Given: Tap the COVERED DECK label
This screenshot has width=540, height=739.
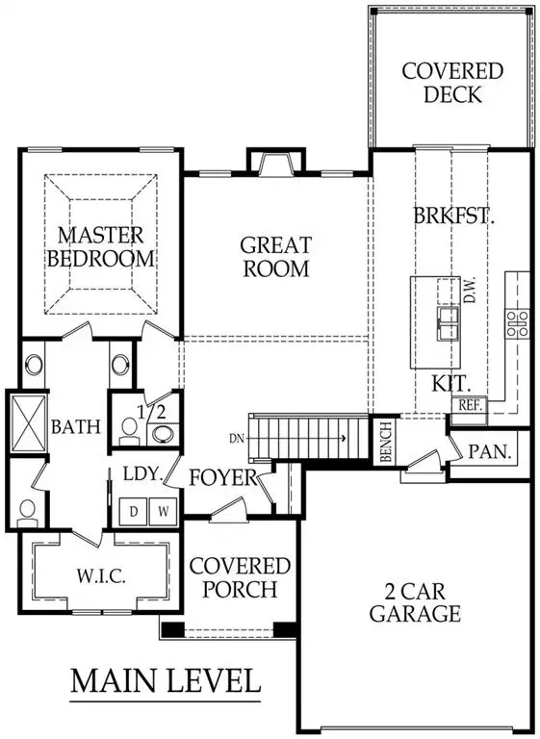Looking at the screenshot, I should pyautogui.click(x=451, y=84).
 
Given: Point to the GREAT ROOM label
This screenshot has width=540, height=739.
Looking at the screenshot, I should pyautogui.click(x=275, y=256).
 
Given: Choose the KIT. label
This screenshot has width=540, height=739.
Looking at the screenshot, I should pyautogui.click(x=450, y=382).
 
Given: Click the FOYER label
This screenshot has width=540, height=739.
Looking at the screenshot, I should pyautogui.click(x=222, y=476).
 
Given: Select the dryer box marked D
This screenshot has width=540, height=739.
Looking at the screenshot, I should pyautogui.click(x=135, y=511).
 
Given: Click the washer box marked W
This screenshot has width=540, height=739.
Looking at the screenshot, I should pyautogui.click(x=163, y=511).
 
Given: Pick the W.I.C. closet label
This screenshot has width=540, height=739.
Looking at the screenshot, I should pyautogui.click(x=97, y=577).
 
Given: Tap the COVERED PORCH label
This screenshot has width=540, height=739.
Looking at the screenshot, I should pyautogui.click(x=240, y=576).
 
